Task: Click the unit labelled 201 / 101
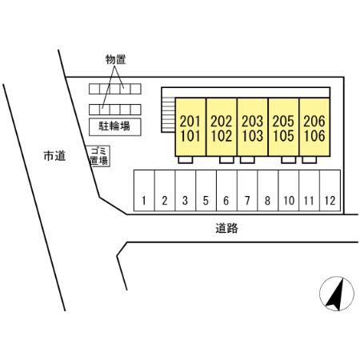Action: [x=190, y=127]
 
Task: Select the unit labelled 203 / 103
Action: [x=252, y=127]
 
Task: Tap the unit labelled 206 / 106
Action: [x=314, y=127]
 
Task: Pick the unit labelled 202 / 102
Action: [x=222, y=127]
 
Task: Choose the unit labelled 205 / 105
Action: [x=283, y=127]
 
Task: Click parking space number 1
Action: [x=144, y=190]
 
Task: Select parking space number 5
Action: [x=206, y=190]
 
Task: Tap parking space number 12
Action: [x=330, y=190]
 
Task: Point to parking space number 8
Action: [x=268, y=190]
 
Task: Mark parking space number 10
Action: [x=289, y=190]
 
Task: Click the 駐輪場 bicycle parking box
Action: [x=115, y=126]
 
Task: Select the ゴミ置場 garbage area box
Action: [x=98, y=156]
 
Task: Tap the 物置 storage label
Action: [x=115, y=59]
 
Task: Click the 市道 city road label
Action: [x=54, y=156]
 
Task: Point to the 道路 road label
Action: [x=226, y=228]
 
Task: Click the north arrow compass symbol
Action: [x=337, y=294]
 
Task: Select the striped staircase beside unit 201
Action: [x=168, y=115]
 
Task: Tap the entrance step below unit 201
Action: [x=186, y=160]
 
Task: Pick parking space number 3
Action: [x=186, y=190]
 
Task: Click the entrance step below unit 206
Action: [x=310, y=160]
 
